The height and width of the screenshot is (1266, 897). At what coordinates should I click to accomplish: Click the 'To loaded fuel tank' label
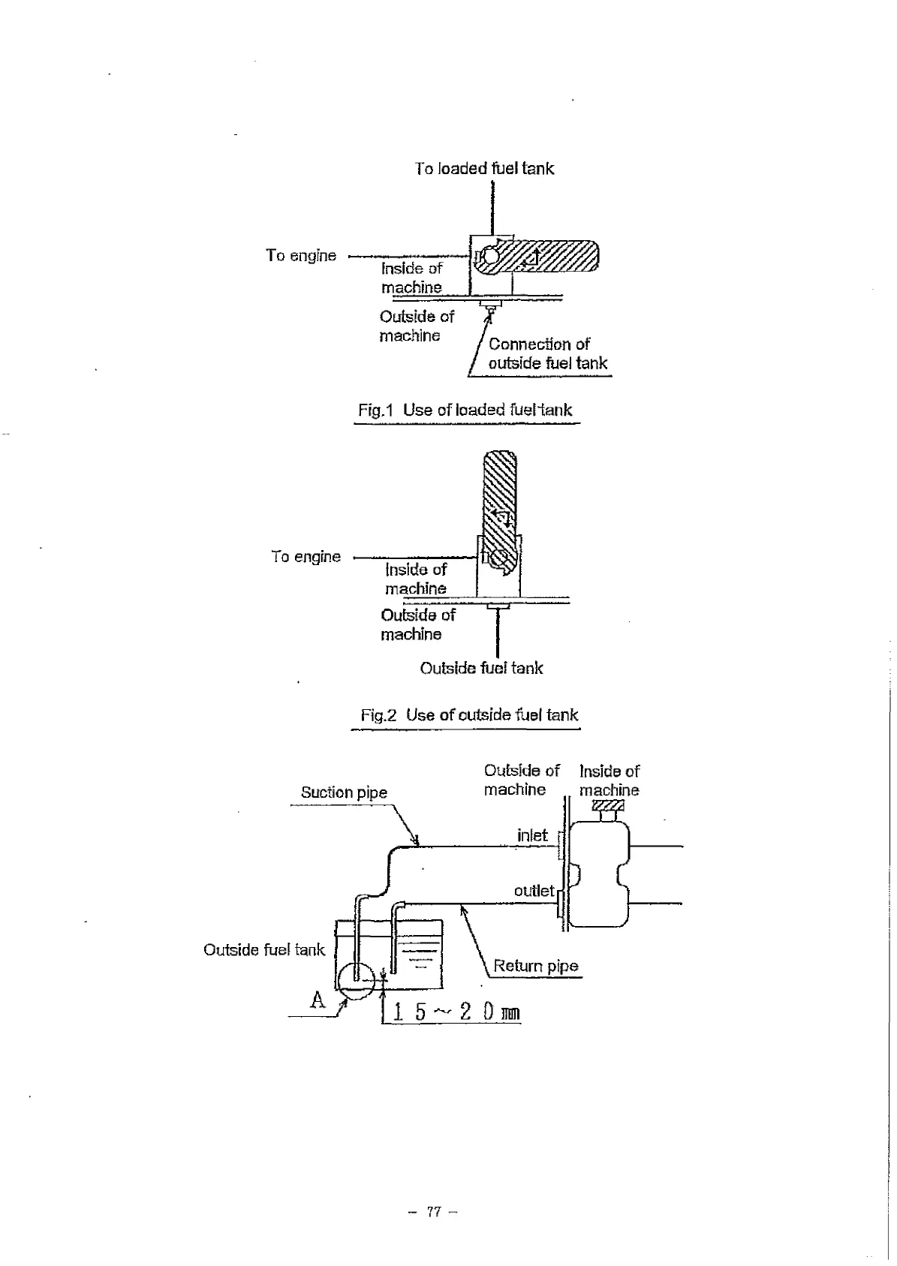[484, 169]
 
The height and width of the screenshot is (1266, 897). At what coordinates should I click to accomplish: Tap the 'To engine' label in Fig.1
[301, 256]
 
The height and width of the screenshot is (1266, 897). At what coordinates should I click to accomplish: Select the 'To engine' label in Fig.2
[306, 557]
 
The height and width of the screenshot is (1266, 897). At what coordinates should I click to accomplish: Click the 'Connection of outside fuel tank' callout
[547, 354]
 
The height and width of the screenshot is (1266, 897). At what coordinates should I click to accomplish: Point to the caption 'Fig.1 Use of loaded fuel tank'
[465, 410]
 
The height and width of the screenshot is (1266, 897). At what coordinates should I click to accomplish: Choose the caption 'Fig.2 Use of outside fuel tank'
[469, 715]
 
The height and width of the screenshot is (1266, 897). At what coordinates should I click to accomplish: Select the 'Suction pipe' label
[344, 792]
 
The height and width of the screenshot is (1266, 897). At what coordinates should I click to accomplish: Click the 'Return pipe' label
[536, 966]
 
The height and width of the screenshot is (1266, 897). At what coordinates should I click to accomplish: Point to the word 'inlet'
[532, 835]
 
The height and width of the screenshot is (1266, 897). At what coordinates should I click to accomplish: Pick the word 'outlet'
[534, 891]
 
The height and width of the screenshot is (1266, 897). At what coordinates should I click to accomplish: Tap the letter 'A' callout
[318, 1000]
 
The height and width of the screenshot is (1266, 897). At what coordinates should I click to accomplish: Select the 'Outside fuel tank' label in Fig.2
[481, 669]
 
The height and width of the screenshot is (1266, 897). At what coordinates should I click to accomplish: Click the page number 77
[434, 1211]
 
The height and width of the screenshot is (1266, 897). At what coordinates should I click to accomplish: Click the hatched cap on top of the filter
[607, 806]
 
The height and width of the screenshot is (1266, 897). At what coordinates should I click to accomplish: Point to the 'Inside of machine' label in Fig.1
[411, 278]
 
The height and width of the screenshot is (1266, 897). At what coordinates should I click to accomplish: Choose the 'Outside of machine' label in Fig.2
[417, 624]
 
